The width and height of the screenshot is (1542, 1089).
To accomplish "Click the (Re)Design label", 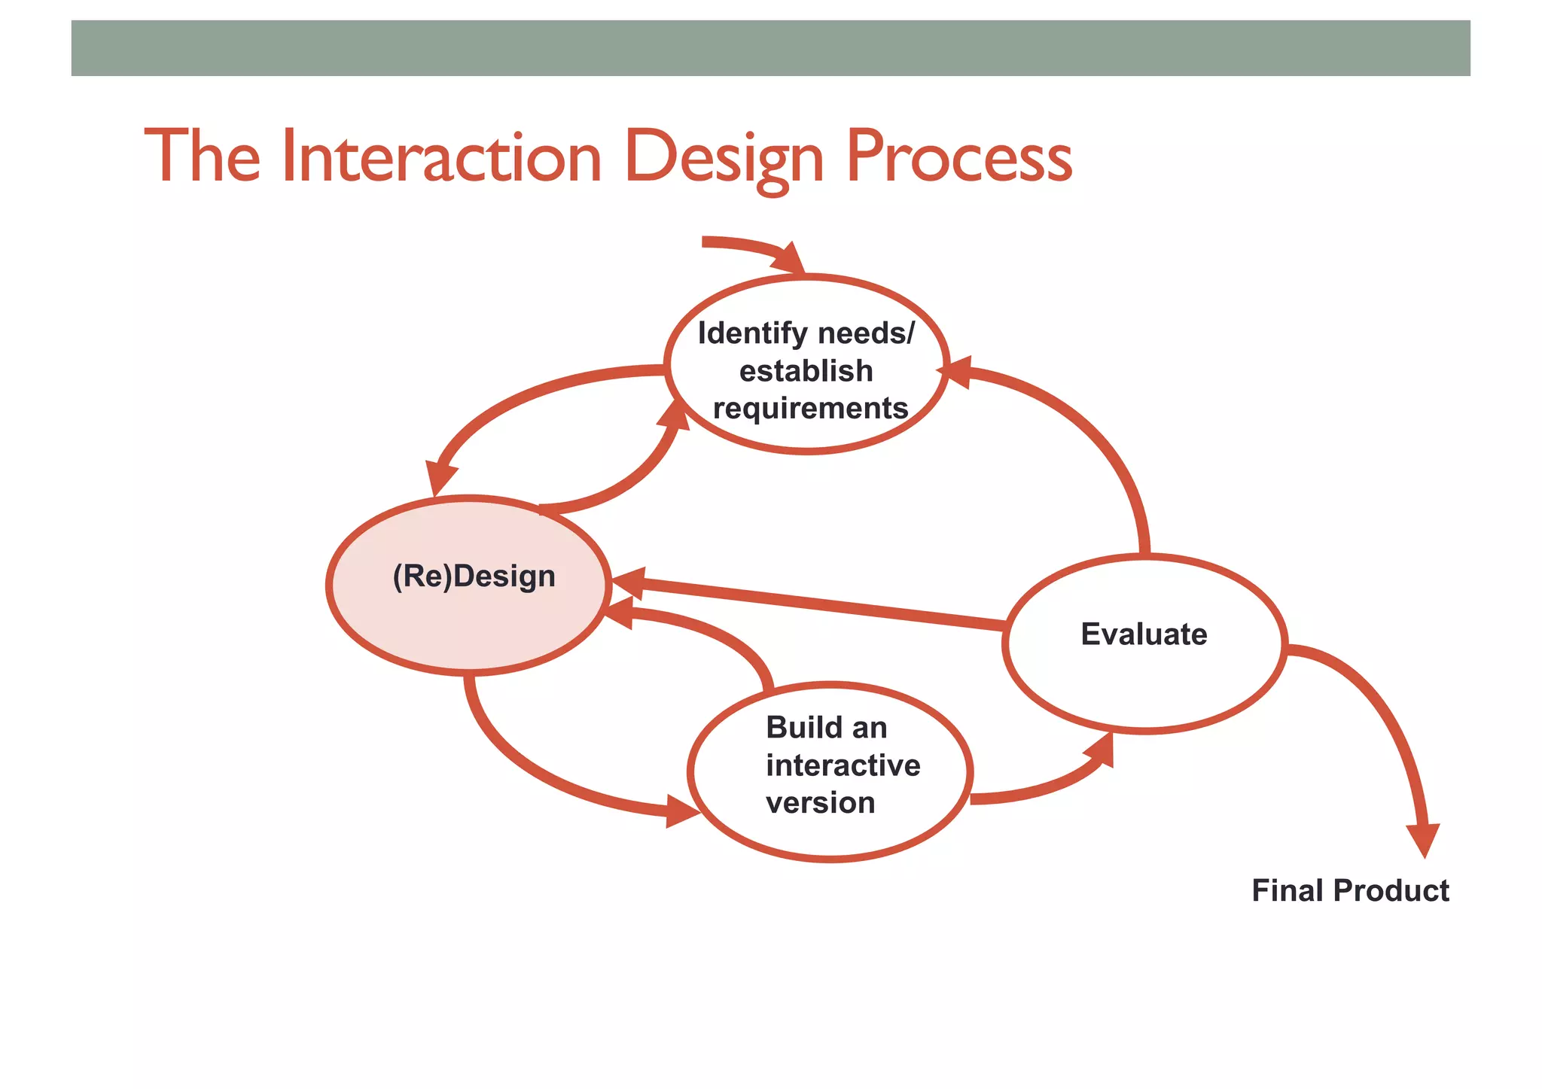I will pyautogui.click(x=474, y=576).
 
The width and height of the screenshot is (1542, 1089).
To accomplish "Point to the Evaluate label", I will pyautogui.click(x=1143, y=634).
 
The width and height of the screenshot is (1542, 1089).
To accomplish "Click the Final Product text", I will pyautogui.click(x=1349, y=891).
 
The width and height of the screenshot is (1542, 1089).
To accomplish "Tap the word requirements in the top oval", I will pyautogui.click(x=810, y=409).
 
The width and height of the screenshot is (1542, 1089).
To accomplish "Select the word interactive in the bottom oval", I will pyautogui.click(x=843, y=765).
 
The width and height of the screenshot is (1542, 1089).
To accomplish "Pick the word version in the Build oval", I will pyautogui.click(x=820, y=803).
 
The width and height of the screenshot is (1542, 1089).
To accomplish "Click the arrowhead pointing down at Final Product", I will pyautogui.click(x=1423, y=839).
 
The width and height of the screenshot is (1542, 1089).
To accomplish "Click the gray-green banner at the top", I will pyautogui.click(x=770, y=48).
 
